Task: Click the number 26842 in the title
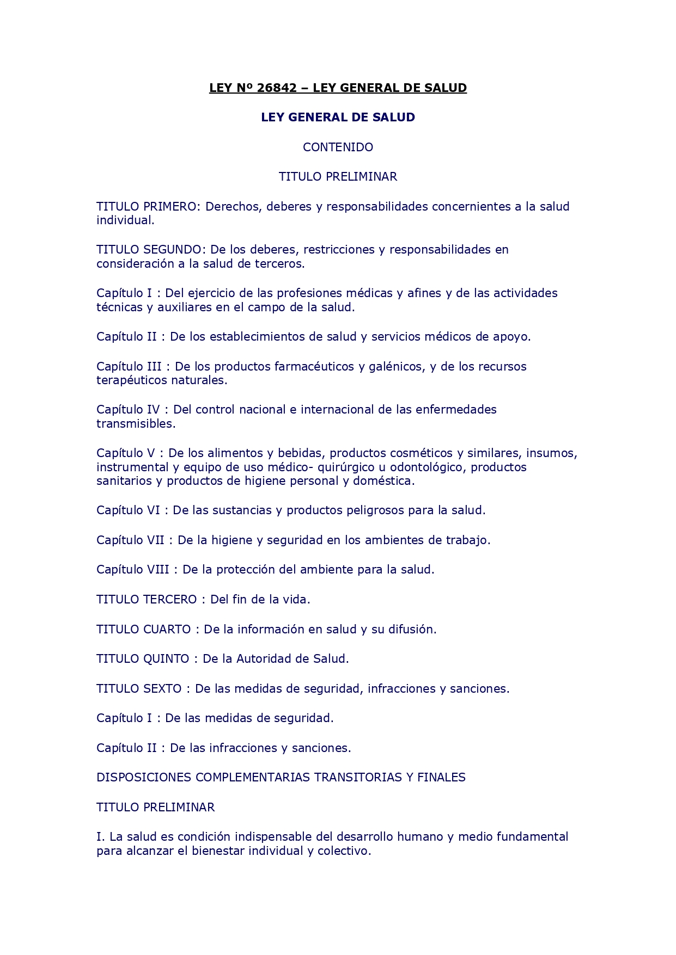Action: (277, 88)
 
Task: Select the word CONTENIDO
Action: (338, 147)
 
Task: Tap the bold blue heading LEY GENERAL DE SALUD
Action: (338, 118)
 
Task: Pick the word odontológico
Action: (426, 467)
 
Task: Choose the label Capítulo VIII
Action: (132, 570)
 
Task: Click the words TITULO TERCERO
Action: (147, 600)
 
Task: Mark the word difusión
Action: (411, 630)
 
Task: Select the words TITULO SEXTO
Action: (139, 689)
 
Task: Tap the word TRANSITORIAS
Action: (356, 778)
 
